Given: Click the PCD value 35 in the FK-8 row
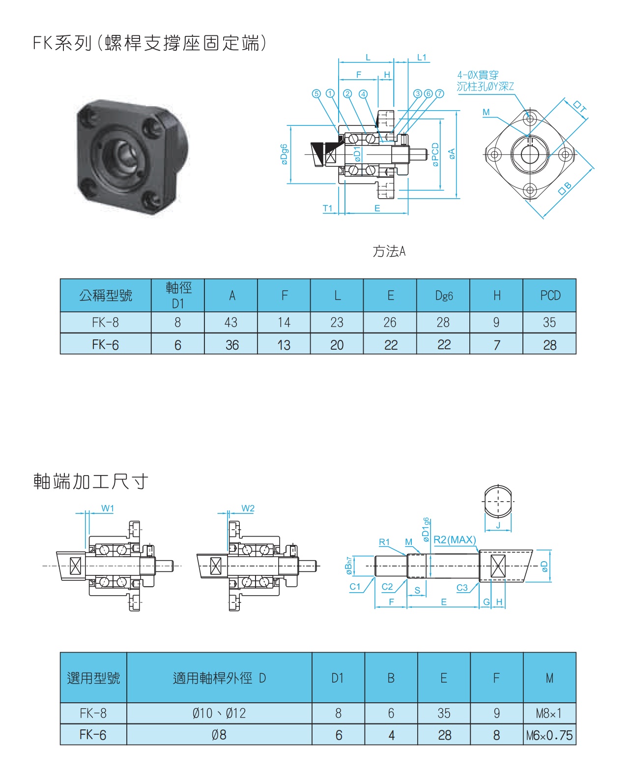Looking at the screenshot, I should [549, 322].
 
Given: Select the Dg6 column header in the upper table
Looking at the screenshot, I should [443, 295].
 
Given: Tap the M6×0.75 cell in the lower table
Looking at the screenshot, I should [549, 735].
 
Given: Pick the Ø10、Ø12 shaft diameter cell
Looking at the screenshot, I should [219, 713].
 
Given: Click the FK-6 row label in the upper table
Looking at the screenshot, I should [105, 345].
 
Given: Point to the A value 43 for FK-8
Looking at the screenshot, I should [230, 322].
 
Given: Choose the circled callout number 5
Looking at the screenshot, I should [316, 93].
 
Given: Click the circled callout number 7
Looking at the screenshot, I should [439, 93].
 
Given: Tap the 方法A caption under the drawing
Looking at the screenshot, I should [389, 251].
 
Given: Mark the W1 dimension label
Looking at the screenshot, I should [108, 508].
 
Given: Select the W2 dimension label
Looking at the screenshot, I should [248, 508].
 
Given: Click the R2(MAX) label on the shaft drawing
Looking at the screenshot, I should [455, 540].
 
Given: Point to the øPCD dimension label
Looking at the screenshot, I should [435, 154].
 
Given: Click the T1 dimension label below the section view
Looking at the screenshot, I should [327, 208].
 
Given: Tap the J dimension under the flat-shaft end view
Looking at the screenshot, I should [498, 525].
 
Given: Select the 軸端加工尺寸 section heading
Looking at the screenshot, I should [90, 481].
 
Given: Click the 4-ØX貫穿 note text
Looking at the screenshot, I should [478, 75].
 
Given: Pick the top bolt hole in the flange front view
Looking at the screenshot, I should [530, 118].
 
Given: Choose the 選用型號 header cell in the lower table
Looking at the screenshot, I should [93, 678].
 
